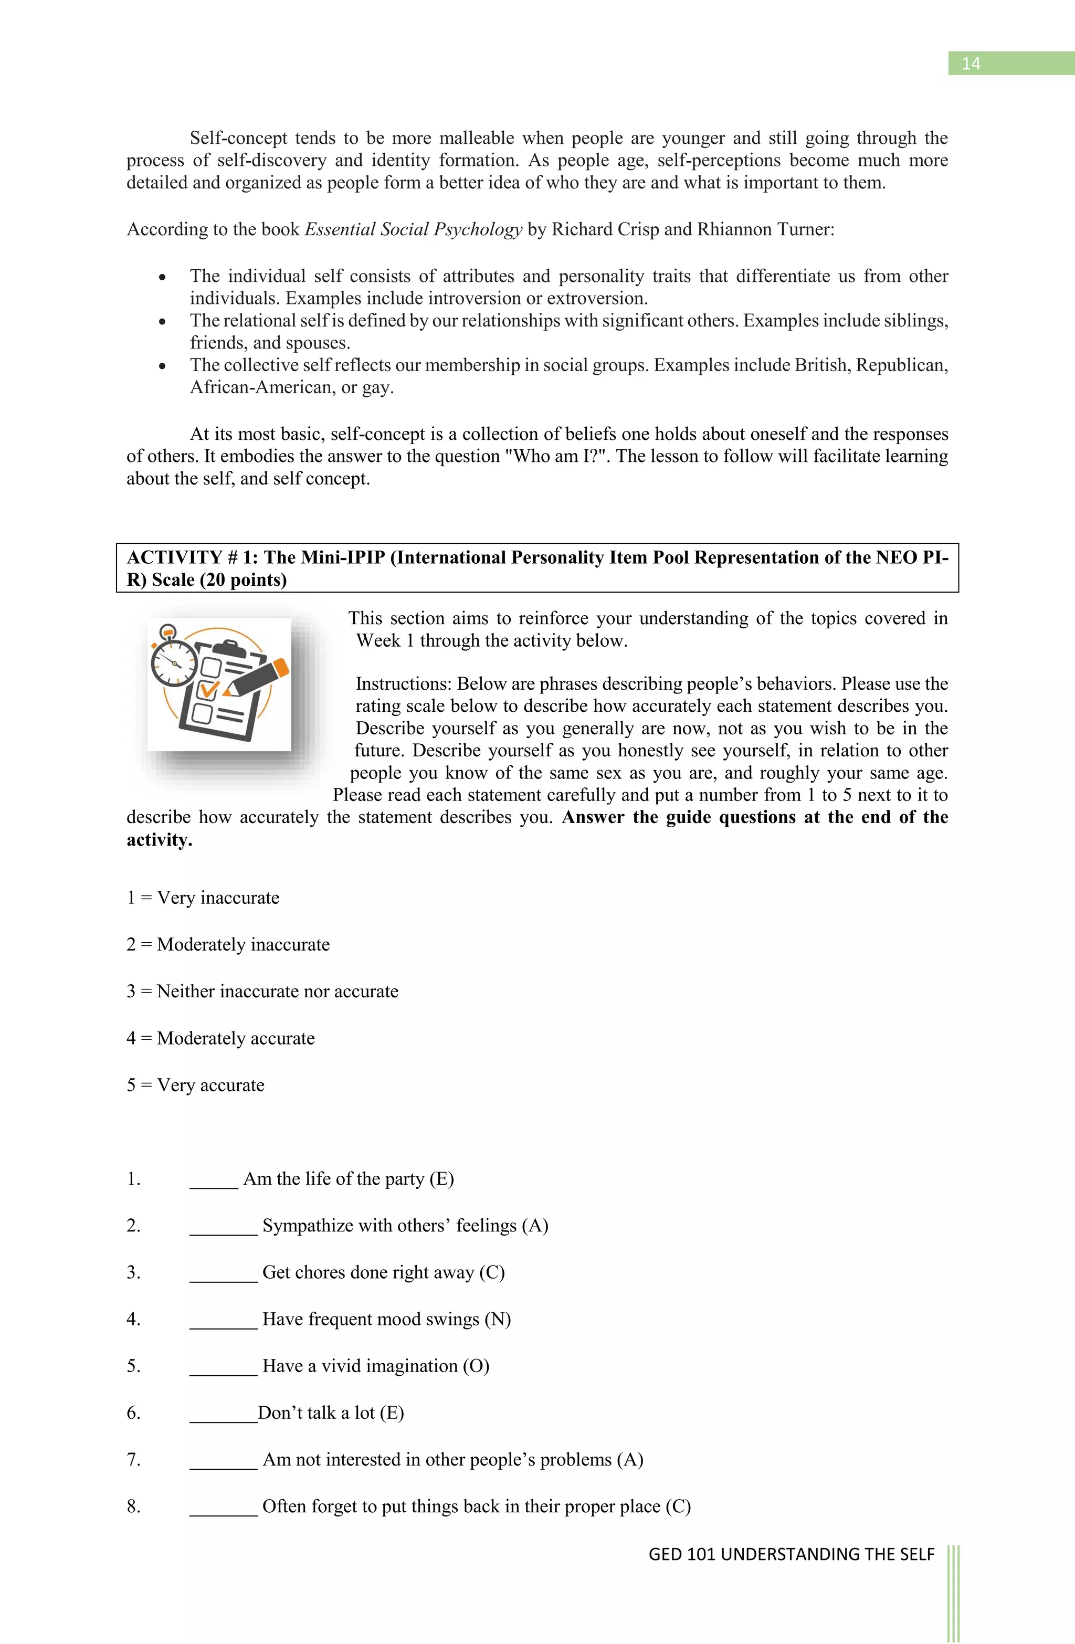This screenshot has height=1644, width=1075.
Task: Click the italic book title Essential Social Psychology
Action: click(413, 229)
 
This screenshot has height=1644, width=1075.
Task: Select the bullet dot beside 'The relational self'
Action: click(162, 322)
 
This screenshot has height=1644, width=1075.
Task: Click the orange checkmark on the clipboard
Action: click(208, 689)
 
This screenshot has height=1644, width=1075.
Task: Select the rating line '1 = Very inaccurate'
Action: click(203, 898)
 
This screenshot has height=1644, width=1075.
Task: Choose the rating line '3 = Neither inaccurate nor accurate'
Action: click(262, 991)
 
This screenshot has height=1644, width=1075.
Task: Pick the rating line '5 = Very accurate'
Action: click(195, 1085)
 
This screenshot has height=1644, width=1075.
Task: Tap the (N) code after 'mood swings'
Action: click(498, 1319)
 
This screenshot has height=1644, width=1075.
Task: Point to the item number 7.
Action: click(133, 1460)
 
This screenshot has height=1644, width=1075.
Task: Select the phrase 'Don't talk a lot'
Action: click(317, 1413)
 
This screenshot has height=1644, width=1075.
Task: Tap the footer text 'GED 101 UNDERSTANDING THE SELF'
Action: click(791, 1554)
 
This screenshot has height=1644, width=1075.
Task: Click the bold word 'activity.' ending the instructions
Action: click(160, 840)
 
